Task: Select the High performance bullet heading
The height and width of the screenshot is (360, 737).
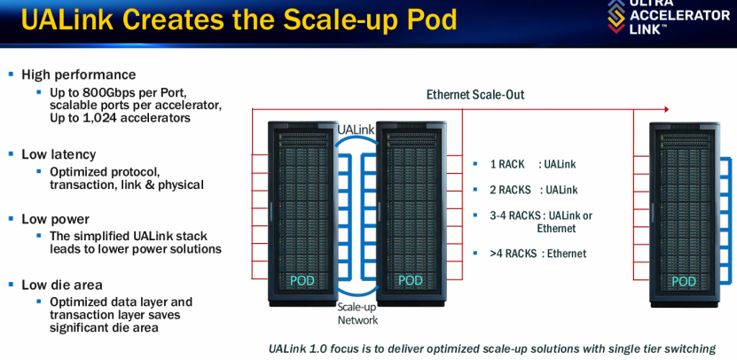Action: pyautogui.click(x=79, y=74)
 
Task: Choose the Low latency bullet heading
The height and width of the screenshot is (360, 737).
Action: pyautogui.click(x=59, y=154)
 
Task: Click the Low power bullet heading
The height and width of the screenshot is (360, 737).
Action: pyautogui.click(x=55, y=219)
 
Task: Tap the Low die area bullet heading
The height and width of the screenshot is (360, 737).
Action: pyautogui.click(x=62, y=285)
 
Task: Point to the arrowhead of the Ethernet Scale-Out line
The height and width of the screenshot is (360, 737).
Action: pyautogui.click(x=666, y=110)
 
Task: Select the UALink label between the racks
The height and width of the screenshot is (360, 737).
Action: pyautogui.click(x=356, y=130)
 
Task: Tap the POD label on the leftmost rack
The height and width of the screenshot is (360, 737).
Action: pyautogui.click(x=302, y=280)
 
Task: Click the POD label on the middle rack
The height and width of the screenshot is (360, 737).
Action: pyautogui.click(x=410, y=280)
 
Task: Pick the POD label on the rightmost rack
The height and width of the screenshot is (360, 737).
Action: pyautogui.click(x=683, y=280)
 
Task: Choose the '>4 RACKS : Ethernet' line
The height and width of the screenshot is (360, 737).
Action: pyautogui.click(x=537, y=254)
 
